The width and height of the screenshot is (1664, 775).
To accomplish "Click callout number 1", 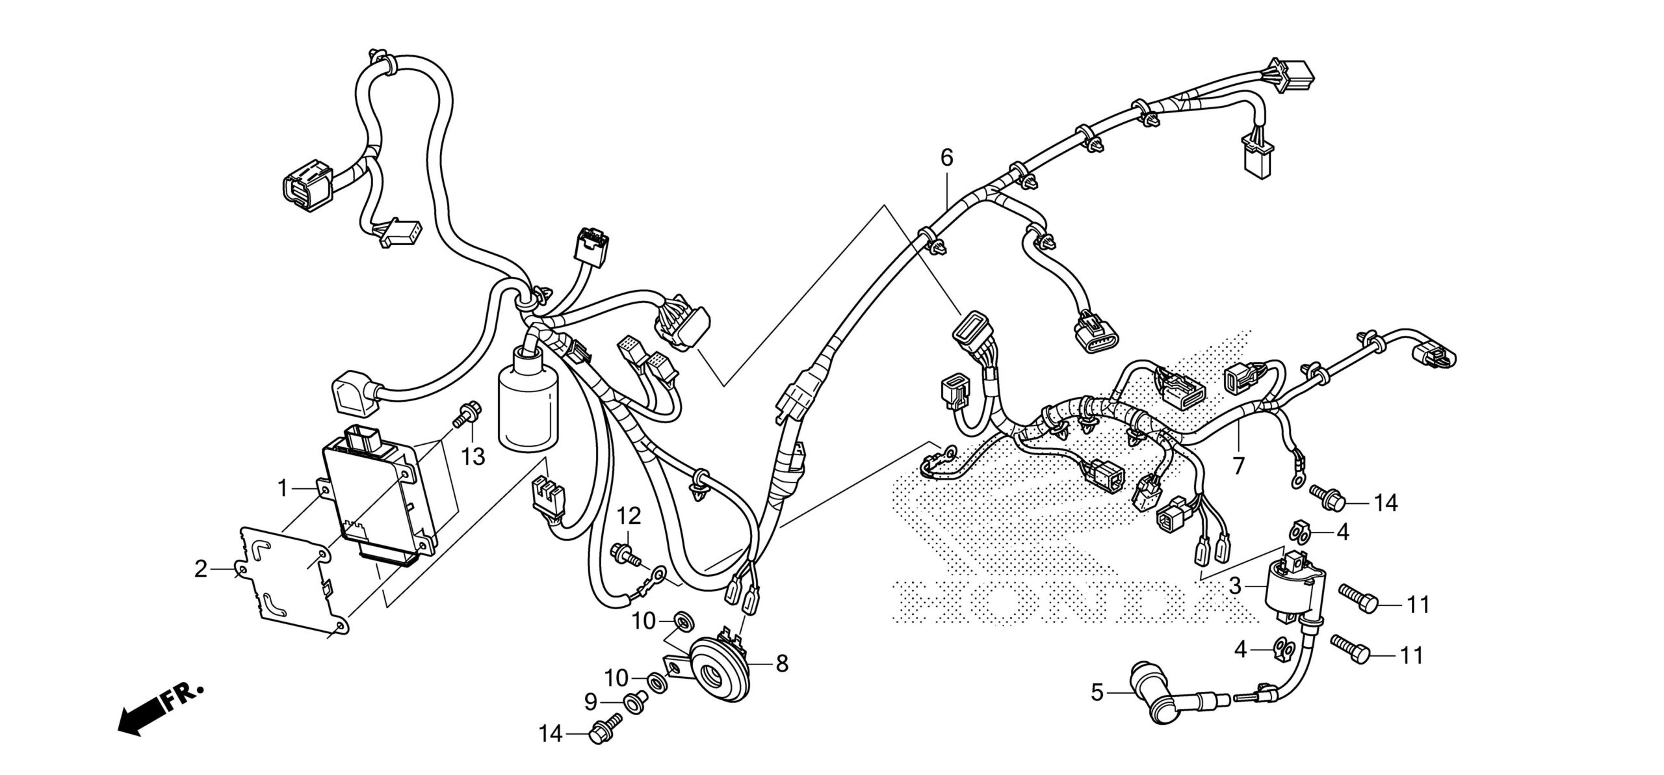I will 283,488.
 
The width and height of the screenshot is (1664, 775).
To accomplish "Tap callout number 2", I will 201,570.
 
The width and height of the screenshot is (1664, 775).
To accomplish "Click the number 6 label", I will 946,157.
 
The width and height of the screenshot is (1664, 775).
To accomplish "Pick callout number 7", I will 1238,466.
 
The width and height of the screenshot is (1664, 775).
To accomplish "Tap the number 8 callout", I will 782,663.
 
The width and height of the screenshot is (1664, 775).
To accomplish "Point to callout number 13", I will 474,456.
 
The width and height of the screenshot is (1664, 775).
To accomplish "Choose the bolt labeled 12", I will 624,555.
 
